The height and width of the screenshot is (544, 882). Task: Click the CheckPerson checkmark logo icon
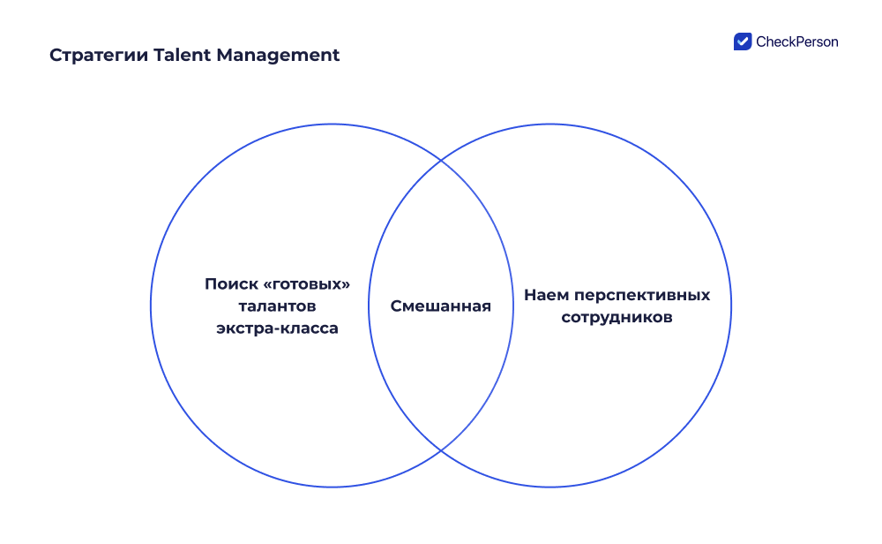(x=742, y=42)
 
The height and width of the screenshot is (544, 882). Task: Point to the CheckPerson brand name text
(x=797, y=42)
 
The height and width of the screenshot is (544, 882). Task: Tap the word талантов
(x=277, y=306)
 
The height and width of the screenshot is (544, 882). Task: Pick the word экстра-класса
(x=277, y=329)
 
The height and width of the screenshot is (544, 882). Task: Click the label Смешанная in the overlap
(x=440, y=306)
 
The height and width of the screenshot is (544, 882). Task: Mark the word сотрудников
(x=617, y=318)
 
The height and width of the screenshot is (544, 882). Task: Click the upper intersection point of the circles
(x=440, y=161)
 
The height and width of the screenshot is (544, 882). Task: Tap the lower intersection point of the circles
(x=440, y=450)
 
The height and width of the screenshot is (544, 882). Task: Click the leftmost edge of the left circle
(x=151, y=306)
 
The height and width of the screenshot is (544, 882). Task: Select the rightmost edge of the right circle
(x=731, y=306)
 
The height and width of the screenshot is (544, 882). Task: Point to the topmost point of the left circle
(x=332, y=125)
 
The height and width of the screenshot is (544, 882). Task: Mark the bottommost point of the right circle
(x=549, y=487)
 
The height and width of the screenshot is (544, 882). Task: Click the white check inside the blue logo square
(x=742, y=42)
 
